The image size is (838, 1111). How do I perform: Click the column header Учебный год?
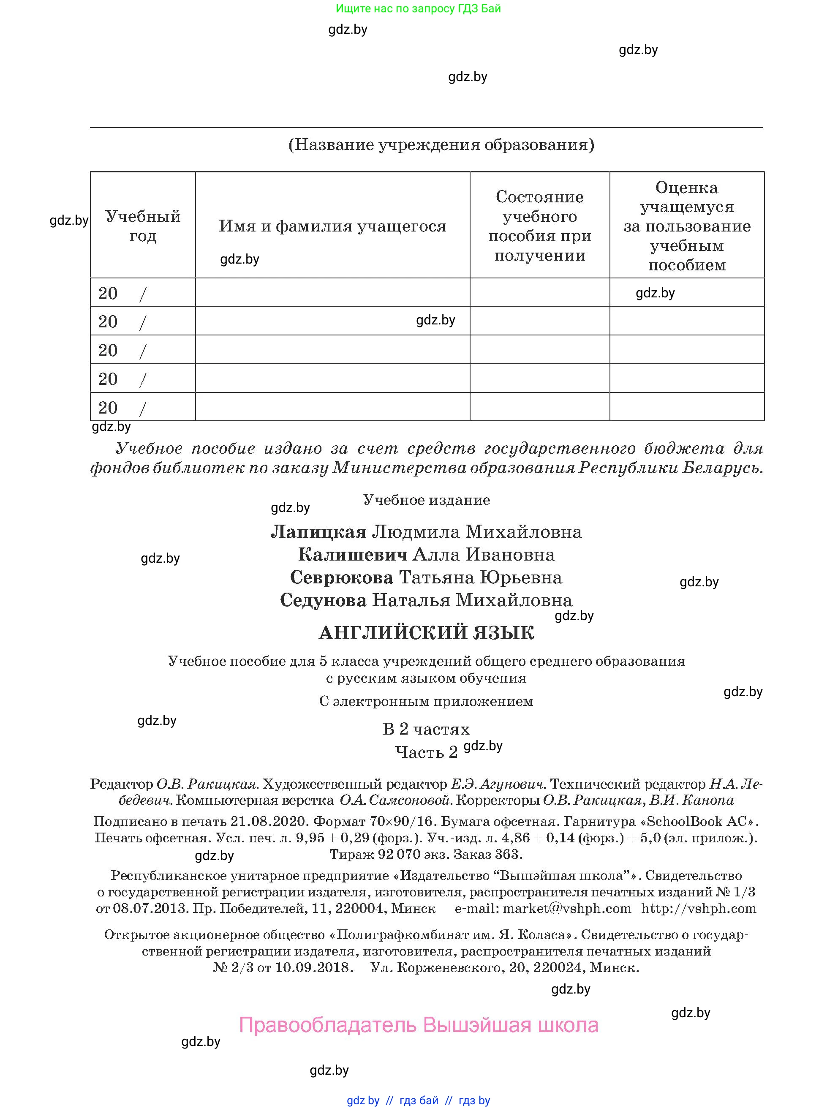tap(143, 226)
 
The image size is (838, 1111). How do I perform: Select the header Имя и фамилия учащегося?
tap(332, 226)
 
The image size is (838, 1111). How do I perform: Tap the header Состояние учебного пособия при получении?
tap(539, 226)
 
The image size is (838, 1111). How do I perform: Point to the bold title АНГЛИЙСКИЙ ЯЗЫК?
tap(426, 633)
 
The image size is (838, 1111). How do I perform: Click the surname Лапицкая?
tap(318, 531)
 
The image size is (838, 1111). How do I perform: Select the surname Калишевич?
tap(352, 555)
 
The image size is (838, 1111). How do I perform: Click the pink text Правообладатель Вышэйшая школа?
tap(418, 1024)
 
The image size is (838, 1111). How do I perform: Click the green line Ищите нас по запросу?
tap(418, 8)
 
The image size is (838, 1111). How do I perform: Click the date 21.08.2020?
tap(268, 821)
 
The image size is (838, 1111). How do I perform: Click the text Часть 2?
tap(426, 752)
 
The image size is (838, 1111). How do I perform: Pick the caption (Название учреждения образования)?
tap(441, 144)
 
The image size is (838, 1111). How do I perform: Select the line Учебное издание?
tap(426, 500)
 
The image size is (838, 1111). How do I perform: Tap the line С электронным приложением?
tap(426, 701)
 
